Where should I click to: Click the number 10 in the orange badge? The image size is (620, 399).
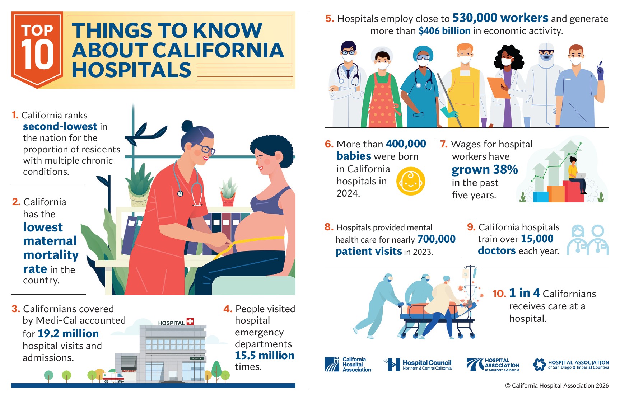37,54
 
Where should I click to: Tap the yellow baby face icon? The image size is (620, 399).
411,181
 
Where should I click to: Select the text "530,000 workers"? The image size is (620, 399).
500,18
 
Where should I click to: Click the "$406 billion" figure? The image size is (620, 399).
444,31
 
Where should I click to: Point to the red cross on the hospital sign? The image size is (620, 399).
190,321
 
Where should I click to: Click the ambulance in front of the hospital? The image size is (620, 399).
113,378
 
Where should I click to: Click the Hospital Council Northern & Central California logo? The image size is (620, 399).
417,365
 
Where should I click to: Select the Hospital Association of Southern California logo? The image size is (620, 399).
493,365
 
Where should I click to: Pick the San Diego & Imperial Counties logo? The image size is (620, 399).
571,365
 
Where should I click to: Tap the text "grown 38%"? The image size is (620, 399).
485,169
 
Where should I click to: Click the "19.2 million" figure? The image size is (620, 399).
68,333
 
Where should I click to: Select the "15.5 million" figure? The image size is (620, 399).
265,355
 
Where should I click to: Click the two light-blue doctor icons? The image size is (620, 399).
588,240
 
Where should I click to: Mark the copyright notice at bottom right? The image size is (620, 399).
557,385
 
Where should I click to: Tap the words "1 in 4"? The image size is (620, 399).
525,293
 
